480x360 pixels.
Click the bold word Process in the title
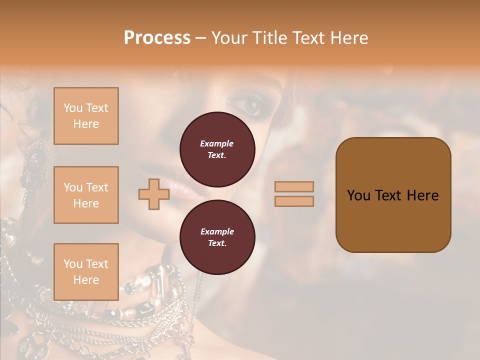point(157,38)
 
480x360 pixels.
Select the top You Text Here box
point(86,116)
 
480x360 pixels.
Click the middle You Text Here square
point(86,195)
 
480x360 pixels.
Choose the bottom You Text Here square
point(86,272)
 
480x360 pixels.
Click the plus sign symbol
point(153,194)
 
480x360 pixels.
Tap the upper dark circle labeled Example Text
point(217,149)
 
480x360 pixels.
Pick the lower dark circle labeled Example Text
point(217,237)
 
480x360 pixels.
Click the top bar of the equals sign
point(294,186)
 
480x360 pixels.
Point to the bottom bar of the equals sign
point(294,201)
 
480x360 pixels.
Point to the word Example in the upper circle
point(217,143)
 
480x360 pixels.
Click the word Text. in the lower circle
point(217,243)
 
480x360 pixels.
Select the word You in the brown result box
point(358,195)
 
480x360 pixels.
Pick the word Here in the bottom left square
point(86,280)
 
